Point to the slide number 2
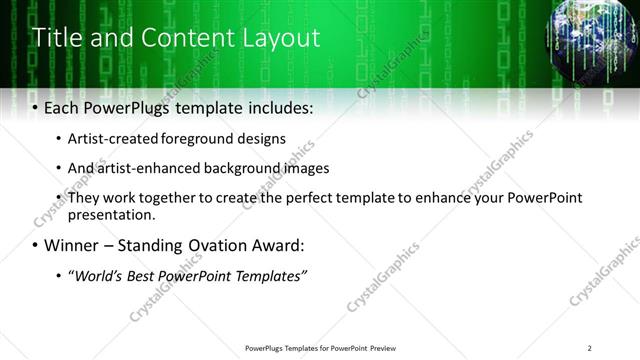pos(590,348)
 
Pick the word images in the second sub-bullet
pos(307,168)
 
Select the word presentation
pos(111,214)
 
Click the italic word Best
pos(145,275)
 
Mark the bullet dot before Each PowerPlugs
pos(36,108)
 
